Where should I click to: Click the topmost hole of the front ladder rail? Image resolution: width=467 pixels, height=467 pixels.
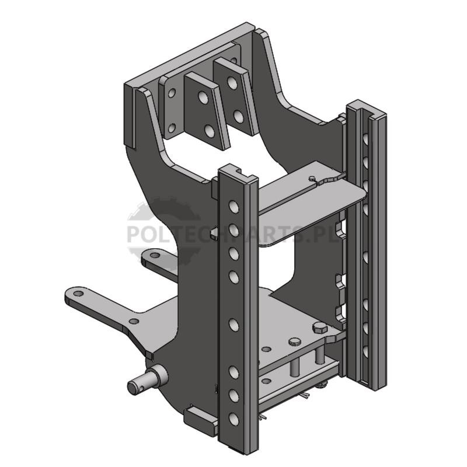(234, 207)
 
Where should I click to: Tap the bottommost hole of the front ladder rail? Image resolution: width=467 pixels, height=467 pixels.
(234, 419)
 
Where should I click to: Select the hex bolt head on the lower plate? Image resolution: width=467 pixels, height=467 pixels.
(320, 328)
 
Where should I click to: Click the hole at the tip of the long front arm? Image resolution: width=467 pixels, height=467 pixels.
(78, 294)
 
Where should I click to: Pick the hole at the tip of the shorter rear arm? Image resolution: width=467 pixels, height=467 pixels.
(154, 255)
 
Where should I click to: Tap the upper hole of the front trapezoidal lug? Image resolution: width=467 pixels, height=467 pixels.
(203, 97)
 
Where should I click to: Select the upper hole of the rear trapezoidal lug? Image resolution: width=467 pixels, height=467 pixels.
(232, 82)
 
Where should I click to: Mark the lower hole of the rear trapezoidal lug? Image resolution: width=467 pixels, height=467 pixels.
(238, 116)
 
